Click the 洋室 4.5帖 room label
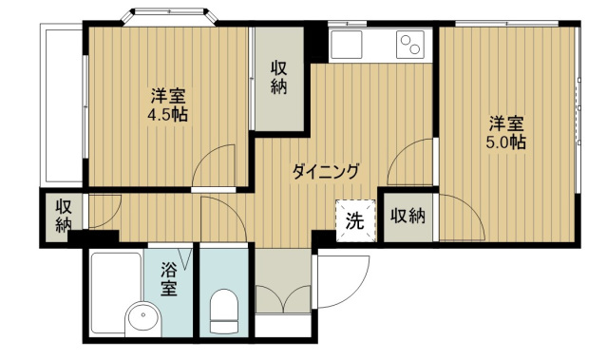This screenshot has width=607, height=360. pyautogui.click(x=169, y=104)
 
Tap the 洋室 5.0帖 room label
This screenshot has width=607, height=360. pyautogui.click(x=506, y=133)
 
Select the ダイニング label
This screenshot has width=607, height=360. pyautogui.click(x=326, y=171)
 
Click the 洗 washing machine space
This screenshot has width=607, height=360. pyautogui.click(x=355, y=220)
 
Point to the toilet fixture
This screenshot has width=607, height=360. pyautogui.click(x=223, y=311)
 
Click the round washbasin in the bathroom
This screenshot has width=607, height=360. pyautogui.click(x=143, y=318)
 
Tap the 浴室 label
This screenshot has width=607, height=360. pyautogui.click(x=169, y=278)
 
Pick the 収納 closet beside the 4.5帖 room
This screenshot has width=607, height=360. pyautogui.click(x=278, y=78)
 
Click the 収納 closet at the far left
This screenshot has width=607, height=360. pyautogui.click(x=63, y=216)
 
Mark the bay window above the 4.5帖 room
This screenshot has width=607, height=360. pyautogui.click(x=169, y=16)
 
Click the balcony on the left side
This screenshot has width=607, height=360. pyautogui.click(x=62, y=104)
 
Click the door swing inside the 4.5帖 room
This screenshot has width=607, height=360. pyautogui.click(x=214, y=165)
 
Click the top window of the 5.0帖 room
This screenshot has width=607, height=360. pyautogui.click(x=506, y=24)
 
